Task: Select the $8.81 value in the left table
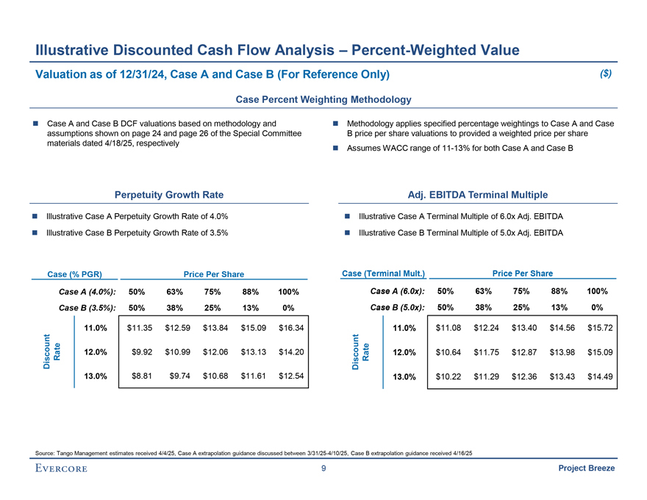[x=137, y=376]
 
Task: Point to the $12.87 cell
[x=524, y=352]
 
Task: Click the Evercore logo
[x=60, y=469]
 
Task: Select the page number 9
[x=323, y=469]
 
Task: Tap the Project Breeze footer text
[x=586, y=469]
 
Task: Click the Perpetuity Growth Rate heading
[x=169, y=195]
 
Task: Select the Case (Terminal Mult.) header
[x=383, y=274]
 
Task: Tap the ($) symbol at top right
[x=606, y=74]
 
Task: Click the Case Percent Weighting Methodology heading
[x=323, y=99]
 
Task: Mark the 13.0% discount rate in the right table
[x=404, y=377]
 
